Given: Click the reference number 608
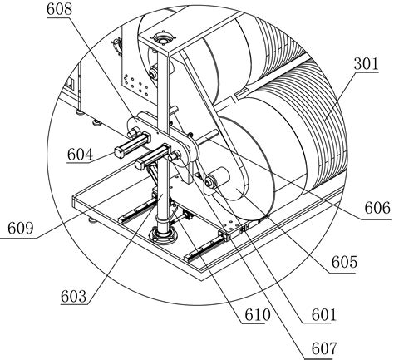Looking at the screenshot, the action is tap(59, 9).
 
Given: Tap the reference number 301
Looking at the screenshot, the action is tap(366, 64).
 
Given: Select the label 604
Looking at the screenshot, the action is tap(80, 155).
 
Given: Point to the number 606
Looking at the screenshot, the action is tap(377, 208).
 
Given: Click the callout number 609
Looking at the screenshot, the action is tap(21, 229).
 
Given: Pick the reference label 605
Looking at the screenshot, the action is tap(344, 262).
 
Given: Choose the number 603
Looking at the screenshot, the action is tap(74, 297).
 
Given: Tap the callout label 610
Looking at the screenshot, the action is tap(258, 315).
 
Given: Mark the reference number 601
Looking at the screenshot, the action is tap(324, 315).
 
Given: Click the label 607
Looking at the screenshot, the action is tap(324, 348).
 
